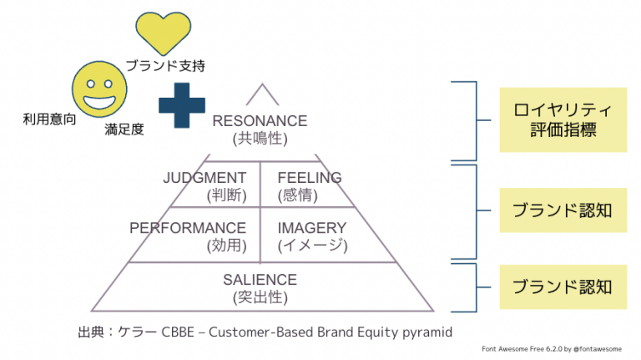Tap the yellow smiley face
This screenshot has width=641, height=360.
tap(98, 92)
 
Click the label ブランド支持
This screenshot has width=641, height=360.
tap(164, 65)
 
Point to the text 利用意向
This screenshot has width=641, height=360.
tap(49, 119)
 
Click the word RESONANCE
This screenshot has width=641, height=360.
tap(260, 121)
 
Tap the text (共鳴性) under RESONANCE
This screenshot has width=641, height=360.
tap(260, 139)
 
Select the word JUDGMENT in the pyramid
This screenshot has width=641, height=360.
tap(204, 178)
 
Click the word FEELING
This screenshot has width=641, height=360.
tap(309, 178)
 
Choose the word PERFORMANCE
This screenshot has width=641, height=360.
tap(188, 228)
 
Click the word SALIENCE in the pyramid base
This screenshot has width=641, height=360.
tap(260, 280)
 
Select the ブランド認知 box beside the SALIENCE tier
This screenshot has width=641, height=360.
tap(562, 286)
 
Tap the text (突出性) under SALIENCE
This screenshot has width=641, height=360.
tap(260, 297)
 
